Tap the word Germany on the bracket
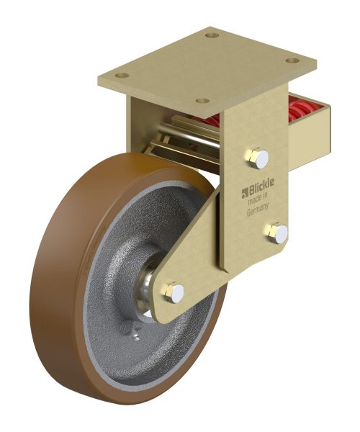click(x=258, y=210)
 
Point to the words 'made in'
click(x=258, y=199)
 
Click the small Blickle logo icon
click(x=245, y=194)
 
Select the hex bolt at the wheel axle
click(x=174, y=292)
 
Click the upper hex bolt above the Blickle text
click(x=258, y=158)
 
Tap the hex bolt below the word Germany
click(x=277, y=233)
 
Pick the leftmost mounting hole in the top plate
click(x=122, y=75)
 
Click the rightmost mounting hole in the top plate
click(x=292, y=60)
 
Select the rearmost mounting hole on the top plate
click(x=212, y=35)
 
